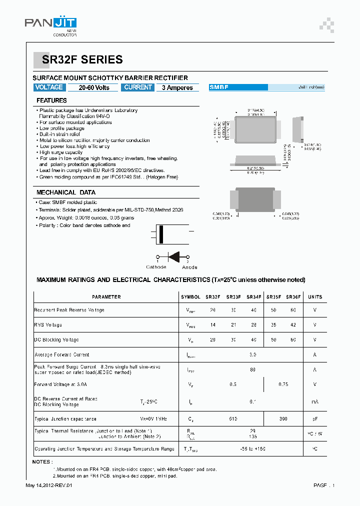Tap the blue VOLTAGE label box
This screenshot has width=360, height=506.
49,87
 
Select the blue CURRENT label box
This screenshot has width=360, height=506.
138,87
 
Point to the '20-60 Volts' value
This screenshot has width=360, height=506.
94,87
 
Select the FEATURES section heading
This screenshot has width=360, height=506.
51,100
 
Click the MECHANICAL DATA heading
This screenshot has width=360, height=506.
65,192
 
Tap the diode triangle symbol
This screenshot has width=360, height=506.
174,256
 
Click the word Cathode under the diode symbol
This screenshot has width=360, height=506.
156,267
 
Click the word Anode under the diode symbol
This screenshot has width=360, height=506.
189,267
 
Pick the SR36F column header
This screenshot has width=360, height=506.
293,297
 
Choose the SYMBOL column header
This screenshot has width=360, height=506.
190,297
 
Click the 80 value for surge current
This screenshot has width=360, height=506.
253,369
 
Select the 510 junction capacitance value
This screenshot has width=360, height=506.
232,418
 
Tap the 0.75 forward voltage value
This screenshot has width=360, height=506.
283,384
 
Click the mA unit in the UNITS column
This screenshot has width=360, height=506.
314,401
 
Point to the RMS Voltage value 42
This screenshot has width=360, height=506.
293,325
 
